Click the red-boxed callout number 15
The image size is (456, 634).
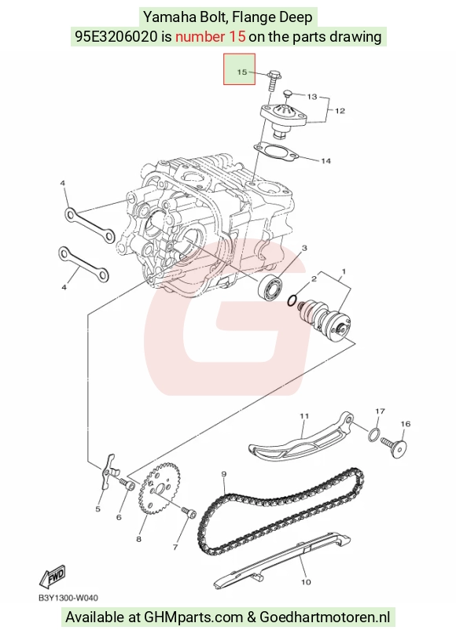coord(241,72)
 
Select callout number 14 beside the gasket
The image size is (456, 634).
coord(325,161)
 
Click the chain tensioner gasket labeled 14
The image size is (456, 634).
coord(276,152)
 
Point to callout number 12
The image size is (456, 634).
coord(340,110)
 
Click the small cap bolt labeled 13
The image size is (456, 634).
coord(288,94)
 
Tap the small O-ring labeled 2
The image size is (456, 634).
coord(292,300)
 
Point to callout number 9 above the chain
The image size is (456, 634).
coord(223,474)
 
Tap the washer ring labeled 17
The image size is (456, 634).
coord(374,435)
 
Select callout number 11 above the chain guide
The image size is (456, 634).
coord(304,415)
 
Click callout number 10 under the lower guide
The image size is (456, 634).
coord(306,582)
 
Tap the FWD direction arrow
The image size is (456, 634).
coord(52,576)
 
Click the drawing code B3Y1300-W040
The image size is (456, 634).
coord(68,598)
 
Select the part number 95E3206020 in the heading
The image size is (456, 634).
coord(116,37)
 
